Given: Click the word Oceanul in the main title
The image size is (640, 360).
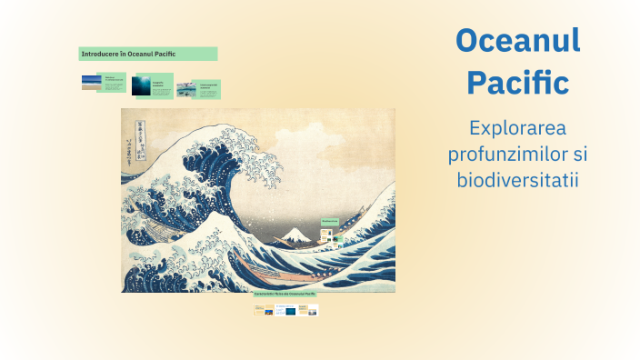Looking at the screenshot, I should pos(517,42).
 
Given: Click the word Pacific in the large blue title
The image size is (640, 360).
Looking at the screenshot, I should pos(517,83).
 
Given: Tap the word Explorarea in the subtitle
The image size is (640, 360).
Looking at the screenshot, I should pos(517,128).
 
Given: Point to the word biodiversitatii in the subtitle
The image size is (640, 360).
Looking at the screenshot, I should pos(517,179).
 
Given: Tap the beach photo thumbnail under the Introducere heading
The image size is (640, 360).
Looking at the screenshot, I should pos(91,83).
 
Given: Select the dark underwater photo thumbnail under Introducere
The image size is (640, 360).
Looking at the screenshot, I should pos(139,85).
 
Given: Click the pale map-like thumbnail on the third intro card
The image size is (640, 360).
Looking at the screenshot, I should pos(185,88).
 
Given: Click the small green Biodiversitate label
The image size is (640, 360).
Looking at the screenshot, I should pos(329,221).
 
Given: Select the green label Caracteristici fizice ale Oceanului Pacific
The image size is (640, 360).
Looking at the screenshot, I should pos(285,297).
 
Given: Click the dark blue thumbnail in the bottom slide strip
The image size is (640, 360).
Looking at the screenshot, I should pos(290,311).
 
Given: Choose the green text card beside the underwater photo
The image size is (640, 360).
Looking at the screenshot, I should pos(162,85).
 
